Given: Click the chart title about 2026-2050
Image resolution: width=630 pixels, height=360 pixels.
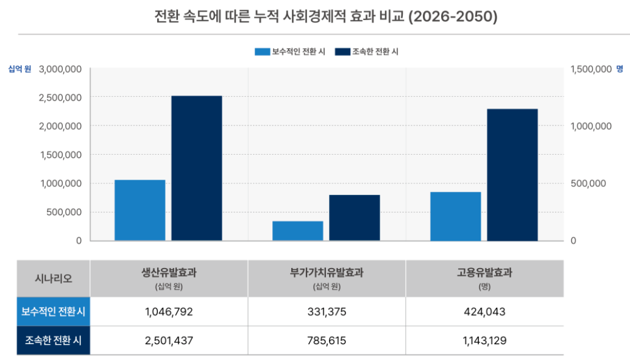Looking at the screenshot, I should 326,16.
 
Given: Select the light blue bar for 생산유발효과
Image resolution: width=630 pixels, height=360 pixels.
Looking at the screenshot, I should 140,210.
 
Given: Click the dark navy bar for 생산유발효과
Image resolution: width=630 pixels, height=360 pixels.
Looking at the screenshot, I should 196,168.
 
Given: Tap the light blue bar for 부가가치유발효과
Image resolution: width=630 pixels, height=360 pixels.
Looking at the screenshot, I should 297,231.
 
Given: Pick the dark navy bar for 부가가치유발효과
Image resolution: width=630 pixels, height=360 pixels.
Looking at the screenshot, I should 354,217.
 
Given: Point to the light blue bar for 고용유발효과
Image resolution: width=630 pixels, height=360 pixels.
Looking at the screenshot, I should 455,216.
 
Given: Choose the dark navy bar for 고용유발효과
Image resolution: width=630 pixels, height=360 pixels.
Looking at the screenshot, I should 512,175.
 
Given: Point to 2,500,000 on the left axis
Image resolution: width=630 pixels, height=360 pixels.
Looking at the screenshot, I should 60,97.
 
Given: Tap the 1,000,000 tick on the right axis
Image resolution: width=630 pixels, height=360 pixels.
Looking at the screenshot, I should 591,126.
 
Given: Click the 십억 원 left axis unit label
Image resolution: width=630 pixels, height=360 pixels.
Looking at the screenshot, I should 19,69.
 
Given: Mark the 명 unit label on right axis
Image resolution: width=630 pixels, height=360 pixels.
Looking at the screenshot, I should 620,69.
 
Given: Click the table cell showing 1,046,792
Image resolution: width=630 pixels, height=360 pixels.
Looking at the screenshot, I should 169,312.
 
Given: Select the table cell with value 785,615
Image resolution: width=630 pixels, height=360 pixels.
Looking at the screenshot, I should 327,341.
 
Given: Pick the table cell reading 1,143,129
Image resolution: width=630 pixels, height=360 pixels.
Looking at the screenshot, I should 484,341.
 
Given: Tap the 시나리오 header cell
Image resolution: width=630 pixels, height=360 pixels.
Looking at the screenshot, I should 53,278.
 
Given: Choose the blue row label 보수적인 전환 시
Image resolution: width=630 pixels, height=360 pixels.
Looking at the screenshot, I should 53,312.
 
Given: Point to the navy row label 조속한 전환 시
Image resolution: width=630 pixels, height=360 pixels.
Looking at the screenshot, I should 53,341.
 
